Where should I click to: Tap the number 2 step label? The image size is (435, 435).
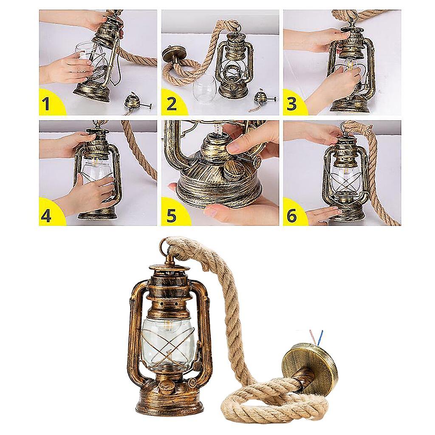[171, 104]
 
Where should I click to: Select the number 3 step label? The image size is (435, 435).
[291, 104]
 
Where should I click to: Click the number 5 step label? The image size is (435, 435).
[171, 215]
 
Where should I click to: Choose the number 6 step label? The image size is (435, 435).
[291, 215]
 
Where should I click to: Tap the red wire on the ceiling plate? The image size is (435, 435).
[313, 336]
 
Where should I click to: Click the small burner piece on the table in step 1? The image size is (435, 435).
[135, 102]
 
